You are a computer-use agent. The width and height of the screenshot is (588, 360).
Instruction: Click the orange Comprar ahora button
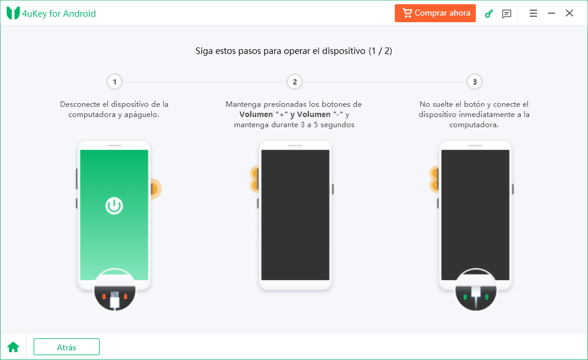click(x=435, y=13)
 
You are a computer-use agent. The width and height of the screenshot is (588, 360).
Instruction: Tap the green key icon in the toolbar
click(x=488, y=14)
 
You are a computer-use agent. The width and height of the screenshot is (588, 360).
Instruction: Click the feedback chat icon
click(x=506, y=14)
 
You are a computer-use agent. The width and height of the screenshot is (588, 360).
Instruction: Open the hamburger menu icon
click(x=533, y=13)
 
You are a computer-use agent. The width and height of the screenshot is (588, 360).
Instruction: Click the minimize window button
click(x=551, y=13)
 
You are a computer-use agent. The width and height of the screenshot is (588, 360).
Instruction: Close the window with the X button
click(x=569, y=13)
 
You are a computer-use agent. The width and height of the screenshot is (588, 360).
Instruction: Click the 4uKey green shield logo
click(x=13, y=13)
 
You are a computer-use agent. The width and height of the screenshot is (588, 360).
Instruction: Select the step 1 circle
click(x=115, y=82)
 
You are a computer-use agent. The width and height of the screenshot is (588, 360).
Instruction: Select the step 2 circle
click(x=295, y=82)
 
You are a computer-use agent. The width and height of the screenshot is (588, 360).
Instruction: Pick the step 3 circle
click(x=475, y=82)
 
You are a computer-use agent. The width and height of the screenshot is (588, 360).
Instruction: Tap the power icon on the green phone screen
click(x=114, y=205)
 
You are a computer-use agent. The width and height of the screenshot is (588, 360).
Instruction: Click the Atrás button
click(x=67, y=347)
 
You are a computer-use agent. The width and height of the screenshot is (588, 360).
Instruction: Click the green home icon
click(x=13, y=347)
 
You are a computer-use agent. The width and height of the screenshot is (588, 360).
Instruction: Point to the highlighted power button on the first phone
click(x=155, y=188)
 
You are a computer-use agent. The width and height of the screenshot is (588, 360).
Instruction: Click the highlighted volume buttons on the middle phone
click(x=254, y=179)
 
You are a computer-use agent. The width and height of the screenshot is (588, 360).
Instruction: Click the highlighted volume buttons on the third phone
click(x=434, y=179)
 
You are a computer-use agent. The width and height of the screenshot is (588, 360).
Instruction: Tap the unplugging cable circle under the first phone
click(x=115, y=289)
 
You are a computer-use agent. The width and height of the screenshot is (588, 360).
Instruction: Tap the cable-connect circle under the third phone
click(x=476, y=289)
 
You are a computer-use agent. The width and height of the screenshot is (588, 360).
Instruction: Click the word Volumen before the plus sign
click(x=256, y=115)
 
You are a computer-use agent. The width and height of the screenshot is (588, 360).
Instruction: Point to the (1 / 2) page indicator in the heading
click(x=380, y=51)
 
